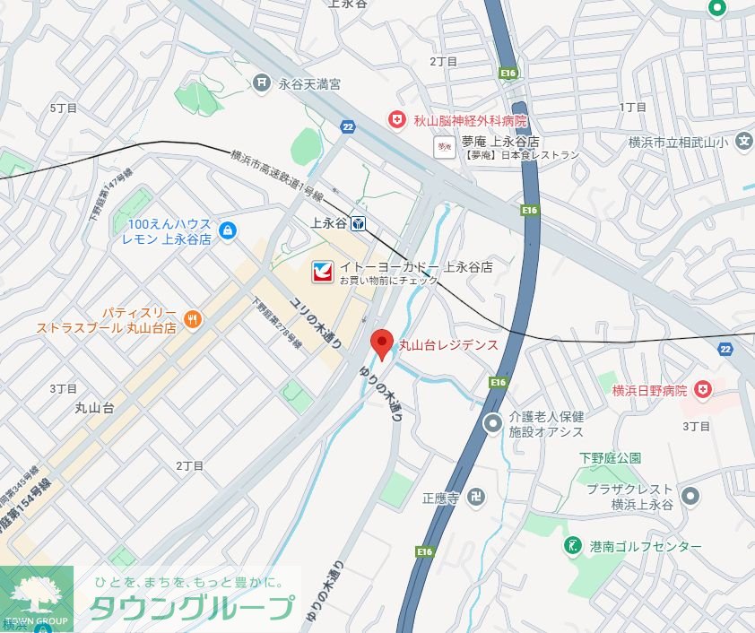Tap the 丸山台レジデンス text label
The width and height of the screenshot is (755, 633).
[448, 344]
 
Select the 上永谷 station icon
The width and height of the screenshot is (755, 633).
[358, 223]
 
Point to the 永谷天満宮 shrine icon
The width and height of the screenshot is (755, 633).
[261, 83]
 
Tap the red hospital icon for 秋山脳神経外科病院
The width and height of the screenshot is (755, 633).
[395, 119]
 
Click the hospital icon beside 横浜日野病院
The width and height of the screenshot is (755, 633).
[704, 389]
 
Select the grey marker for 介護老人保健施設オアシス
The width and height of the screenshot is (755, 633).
[492, 423]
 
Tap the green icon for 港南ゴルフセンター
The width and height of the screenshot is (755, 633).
[571, 545]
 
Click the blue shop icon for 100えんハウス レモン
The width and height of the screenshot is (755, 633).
[228, 231]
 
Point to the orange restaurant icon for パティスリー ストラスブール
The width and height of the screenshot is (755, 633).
[191, 318]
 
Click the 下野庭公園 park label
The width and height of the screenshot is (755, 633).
[610, 457]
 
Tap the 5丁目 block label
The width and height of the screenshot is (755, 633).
[64, 108]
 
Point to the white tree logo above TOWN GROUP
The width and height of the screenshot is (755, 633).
[36, 592]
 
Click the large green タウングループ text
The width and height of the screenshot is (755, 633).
[191, 607]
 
